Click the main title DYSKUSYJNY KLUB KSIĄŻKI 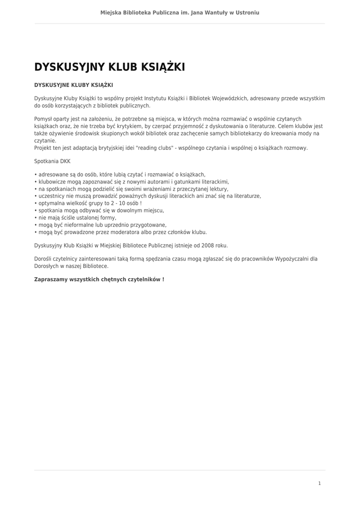pyautogui.click(x=109, y=67)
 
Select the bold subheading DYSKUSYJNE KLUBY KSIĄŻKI pyautogui.click(x=73, y=85)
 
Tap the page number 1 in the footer pyautogui.click(x=319, y=483)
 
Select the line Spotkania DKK pyautogui.click(x=52, y=161)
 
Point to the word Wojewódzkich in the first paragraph pyautogui.click(x=230, y=99)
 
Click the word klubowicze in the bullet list pyautogui.click(x=52, y=182)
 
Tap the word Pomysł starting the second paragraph pyautogui.click(x=44, y=119)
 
